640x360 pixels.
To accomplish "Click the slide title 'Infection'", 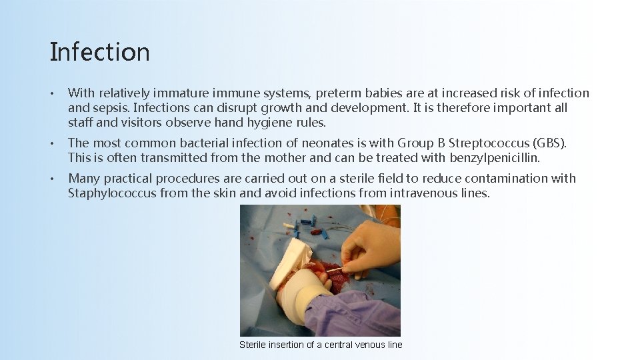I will tap(99, 52).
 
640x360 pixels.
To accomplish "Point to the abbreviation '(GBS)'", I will tap(548, 143).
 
